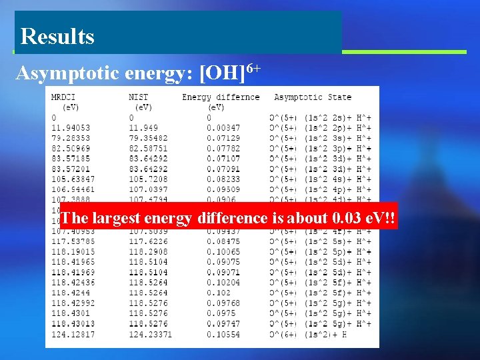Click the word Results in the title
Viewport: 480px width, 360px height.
pos(57,36)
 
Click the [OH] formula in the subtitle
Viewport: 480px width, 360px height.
pos(223,72)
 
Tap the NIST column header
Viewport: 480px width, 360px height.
pos(139,97)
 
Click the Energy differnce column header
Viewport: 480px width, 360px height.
pos(221,97)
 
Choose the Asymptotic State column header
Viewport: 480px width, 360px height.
pos(313,97)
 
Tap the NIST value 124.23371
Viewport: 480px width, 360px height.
pos(151,334)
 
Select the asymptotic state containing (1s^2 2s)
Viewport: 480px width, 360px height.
pos(320,117)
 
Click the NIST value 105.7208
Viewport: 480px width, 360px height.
pos(148,179)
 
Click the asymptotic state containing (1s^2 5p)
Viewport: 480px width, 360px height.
pos(320,252)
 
